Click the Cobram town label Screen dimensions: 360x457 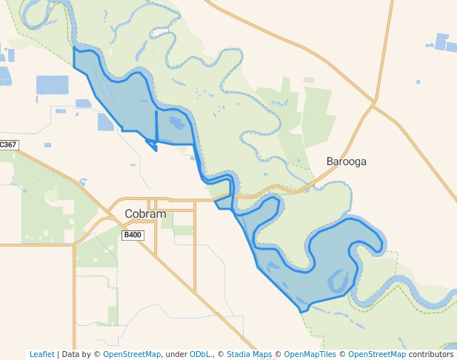point(145,214)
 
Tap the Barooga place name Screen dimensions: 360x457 point(347,161)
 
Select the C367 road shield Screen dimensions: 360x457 point(8,145)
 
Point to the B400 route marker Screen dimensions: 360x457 point(133,235)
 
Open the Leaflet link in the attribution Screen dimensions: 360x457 point(41,354)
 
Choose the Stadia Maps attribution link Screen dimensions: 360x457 point(249,354)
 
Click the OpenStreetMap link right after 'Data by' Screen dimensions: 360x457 point(132,354)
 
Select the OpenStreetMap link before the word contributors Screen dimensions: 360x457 point(377,354)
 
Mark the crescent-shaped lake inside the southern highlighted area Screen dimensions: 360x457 point(338,280)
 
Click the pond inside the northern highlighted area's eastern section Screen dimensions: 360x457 point(176,125)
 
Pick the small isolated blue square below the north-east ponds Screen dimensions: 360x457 point(418,81)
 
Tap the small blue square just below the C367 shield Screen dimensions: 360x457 point(48,145)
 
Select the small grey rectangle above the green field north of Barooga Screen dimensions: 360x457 point(308,80)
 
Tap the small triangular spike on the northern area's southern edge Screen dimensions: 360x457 point(155,149)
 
